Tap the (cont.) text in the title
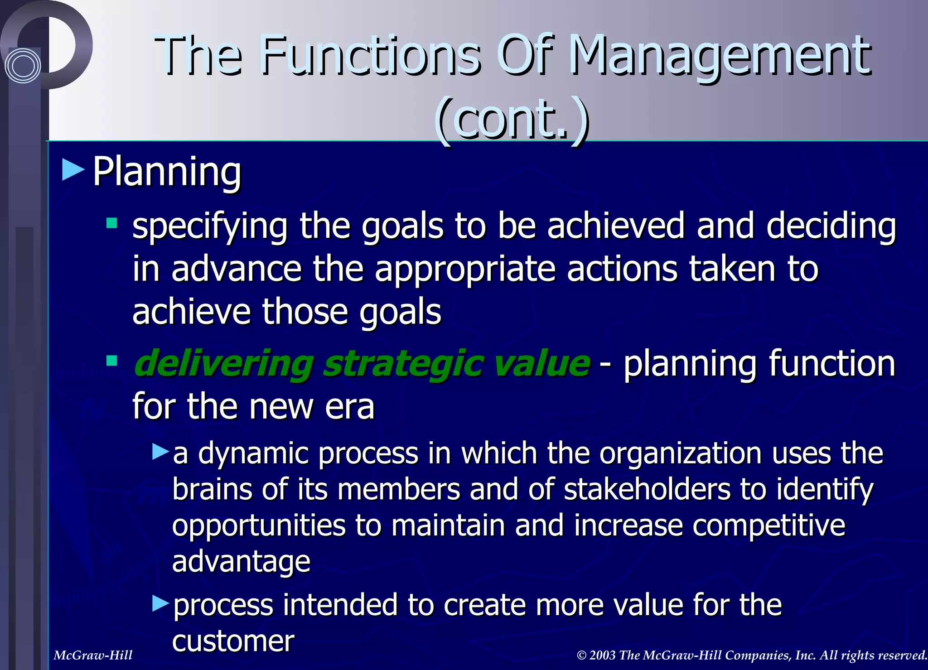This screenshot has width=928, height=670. [x=512, y=120]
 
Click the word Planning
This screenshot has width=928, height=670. [x=167, y=172]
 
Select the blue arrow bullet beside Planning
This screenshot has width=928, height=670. [x=73, y=170]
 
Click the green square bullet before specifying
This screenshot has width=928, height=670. [x=111, y=223]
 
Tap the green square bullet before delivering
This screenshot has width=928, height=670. [x=111, y=361]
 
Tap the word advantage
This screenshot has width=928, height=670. [x=241, y=562]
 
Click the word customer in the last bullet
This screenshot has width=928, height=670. [x=233, y=641]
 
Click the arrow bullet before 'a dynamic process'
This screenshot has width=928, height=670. [x=161, y=452]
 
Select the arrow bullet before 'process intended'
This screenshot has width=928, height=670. [x=161, y=603]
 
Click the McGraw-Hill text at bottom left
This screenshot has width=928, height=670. [x=93, y=656]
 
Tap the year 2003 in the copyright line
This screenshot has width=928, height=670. [x=602, y=656]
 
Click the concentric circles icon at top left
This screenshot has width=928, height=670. [x=23, y=66]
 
